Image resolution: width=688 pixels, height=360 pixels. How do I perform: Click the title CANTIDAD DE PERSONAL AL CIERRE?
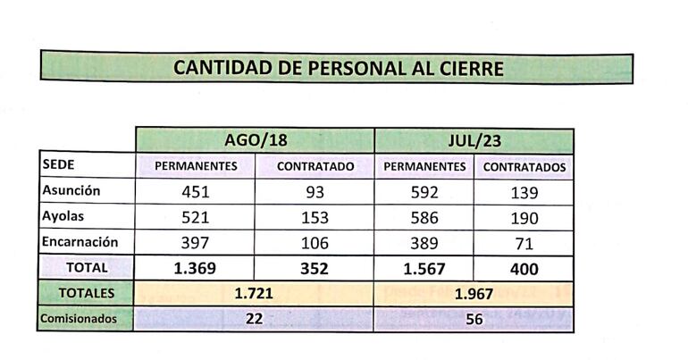[338, 69]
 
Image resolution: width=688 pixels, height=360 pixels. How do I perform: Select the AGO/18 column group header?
[256, 141]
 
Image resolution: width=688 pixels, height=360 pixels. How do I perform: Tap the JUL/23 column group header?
[474, 141]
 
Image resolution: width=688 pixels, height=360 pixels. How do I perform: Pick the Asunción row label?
[71, 190]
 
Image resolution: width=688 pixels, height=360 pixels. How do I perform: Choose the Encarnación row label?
[80, 242]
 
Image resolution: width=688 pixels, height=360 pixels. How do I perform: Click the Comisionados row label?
[79, 319]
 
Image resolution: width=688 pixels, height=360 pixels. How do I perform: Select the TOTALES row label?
[86, 293]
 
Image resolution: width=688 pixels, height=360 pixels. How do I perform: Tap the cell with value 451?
[196, 191]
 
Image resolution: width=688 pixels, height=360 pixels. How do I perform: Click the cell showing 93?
[315, 191]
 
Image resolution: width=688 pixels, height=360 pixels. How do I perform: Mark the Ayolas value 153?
[315, 217]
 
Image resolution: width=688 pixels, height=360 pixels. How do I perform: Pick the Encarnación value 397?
[196, 243]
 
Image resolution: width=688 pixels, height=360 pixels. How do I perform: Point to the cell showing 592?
[424, 191]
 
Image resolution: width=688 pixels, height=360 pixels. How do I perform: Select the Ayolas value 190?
[524, 217]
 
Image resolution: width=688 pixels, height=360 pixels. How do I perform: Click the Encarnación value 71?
[524, 243]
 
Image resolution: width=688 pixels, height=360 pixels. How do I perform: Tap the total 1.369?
[196, 268]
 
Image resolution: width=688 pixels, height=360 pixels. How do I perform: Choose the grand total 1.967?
[474, 293]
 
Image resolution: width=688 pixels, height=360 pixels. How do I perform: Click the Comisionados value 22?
[254, 319]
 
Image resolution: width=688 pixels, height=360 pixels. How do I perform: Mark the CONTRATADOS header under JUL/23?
[524, 166]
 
